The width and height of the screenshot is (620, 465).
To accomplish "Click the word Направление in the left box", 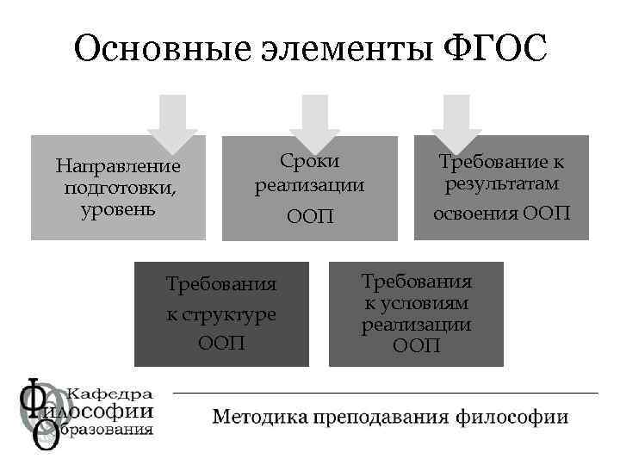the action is tap(118, 165).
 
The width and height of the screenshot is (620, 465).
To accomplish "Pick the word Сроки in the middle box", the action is tap(309, 161).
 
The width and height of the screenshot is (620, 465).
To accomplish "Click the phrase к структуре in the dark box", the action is tap(221, 313).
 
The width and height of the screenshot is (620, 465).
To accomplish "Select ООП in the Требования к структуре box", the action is tap(221, 343).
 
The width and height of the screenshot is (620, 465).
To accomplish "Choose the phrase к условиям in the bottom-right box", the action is tap(416, 303).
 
